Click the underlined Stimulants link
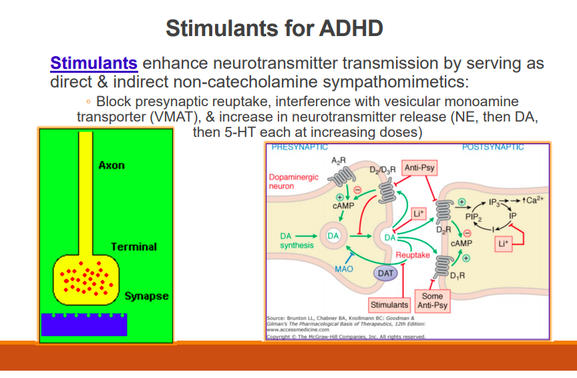click(x=93, y=64)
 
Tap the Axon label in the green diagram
click(x=112, y=165)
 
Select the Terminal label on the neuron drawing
click(x=134, y=246)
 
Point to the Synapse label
click(x=146, y=296)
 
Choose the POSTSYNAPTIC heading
click(x=493, y=147)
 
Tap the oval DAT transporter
click(x=386, y=272)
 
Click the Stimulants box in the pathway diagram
click(x=389, y=305)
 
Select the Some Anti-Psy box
click(x=432, y=301)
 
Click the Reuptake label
click(x=413, y=255)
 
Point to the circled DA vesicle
click(x=334, y=235)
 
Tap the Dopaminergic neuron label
click(x=294, y=182)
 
